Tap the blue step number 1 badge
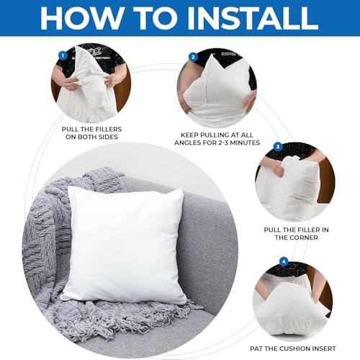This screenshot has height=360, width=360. coord(63,55)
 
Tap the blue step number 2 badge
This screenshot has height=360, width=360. coord(193,57)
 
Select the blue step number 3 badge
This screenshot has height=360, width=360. coord(277,147)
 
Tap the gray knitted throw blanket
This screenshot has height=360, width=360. coord(50,238)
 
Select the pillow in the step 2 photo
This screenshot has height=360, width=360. coord(216,83)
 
